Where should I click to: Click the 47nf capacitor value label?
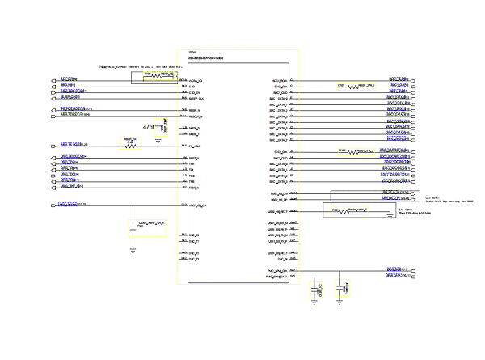tap(149, 127)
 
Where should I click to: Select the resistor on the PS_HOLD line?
tap(131, 146)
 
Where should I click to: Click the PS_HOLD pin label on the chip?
tap(195, 146)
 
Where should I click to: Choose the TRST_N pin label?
tap(194, 186)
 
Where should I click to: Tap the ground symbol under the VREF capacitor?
tap(133, 248)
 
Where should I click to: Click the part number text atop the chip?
tap(205, 59)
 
